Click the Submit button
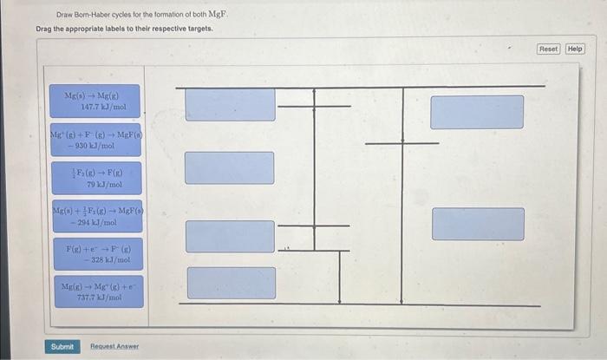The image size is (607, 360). click(62, 346)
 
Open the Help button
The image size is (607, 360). click(575, 49)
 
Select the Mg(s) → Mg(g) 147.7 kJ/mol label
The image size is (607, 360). click(97, 101)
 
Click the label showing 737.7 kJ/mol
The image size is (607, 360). click(97, 291)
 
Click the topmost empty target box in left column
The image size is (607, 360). click(230, 104)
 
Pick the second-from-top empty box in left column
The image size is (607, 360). click(229, 167)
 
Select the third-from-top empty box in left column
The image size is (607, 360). click(230, 236)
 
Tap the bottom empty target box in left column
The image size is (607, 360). click(231, 283)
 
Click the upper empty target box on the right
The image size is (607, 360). click(477, 112)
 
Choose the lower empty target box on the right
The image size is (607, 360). click(478, 224)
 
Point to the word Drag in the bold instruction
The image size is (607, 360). click(44, 29)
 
